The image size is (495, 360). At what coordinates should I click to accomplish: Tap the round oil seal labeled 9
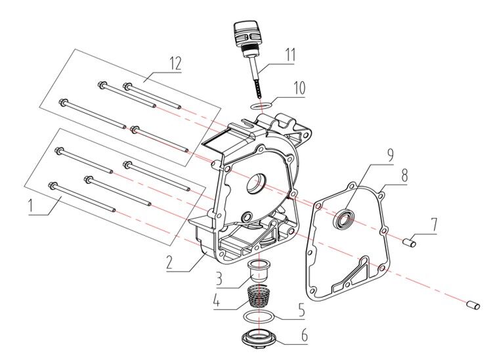(344, 220)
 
